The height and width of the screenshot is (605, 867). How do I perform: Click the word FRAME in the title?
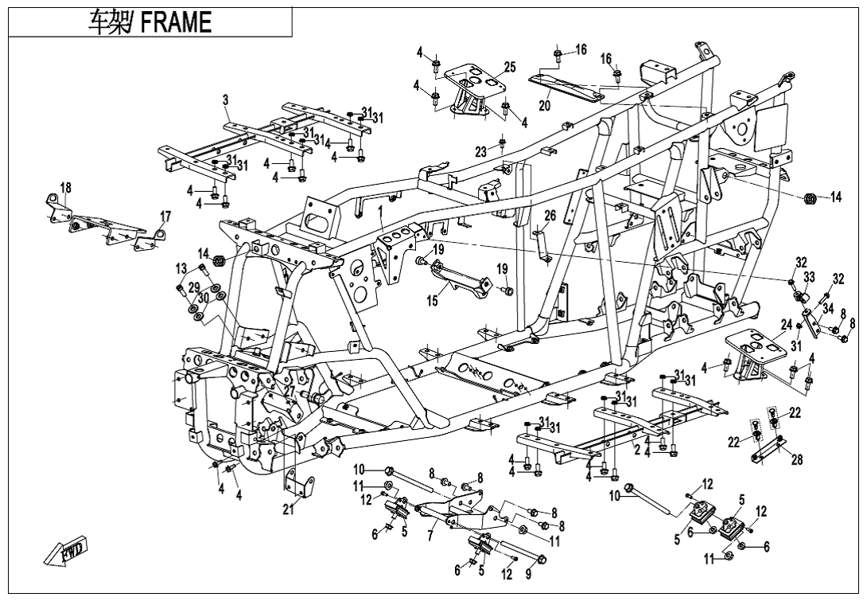tap(176, 23)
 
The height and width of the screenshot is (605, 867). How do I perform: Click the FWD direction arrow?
tap(67, 551)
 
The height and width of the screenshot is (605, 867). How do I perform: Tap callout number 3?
tap(226, 100)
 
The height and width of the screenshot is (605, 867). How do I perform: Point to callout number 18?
tap(65, 188)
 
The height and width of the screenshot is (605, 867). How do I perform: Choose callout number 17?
tap(165, 217)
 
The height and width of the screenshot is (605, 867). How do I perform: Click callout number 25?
tap(510, 68)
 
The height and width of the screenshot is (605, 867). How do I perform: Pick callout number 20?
tap(545, 105)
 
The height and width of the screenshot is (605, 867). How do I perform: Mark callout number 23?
tap(480, 152)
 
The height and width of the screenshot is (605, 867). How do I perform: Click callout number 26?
tap(550, 216)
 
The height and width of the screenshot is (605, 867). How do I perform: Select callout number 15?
tap(432, 302)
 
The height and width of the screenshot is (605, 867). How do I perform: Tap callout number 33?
tap(809, 277)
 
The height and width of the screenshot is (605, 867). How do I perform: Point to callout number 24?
tap(786, 325)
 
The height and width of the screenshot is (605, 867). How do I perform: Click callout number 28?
tap(797, 460)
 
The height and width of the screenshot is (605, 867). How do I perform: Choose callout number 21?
tap(288, 510)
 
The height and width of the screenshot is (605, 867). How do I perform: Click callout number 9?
tap(528, 574)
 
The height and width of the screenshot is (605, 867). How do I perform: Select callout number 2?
tap(636, 450)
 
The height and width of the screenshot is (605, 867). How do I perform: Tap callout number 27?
tap(290, 392)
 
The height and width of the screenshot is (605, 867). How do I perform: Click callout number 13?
tap(181, 268)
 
